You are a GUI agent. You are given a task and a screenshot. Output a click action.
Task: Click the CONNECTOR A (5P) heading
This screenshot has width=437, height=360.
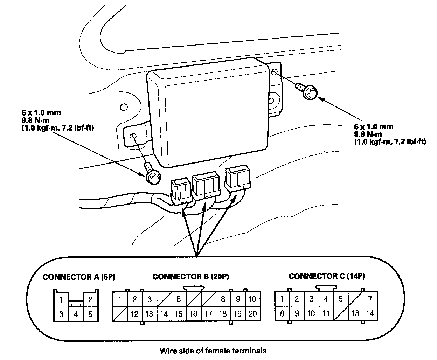tap(79, 277)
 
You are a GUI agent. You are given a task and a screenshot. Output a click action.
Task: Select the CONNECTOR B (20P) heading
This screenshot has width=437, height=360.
tap(191, 277)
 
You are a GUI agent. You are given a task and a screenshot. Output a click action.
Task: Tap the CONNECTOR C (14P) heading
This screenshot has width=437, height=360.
tap(327, 276)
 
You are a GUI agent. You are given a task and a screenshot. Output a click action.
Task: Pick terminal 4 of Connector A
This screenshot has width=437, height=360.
tap(76, 314)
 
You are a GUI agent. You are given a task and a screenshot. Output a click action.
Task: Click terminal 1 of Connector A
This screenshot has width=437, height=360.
tap(61, 300)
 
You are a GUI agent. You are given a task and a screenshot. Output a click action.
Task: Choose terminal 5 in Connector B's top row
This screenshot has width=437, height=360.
tap(179, 299)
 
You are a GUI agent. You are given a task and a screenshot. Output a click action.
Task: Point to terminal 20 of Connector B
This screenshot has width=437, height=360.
tap(252, 314)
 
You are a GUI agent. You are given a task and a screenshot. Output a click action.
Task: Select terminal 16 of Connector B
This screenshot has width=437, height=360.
tap(194, 314)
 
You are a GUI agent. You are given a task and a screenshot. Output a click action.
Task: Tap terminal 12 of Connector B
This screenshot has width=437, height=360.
tap(134, 314)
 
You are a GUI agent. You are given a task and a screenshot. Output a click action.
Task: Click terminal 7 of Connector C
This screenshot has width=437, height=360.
tap(370, 299)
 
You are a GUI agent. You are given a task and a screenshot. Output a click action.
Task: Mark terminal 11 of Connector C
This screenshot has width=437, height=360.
tap(326, 313)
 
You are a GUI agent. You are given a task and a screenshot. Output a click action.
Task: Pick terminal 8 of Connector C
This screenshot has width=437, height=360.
tap(282, 313)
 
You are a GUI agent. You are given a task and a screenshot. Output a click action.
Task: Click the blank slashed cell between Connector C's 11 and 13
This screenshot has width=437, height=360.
tap(341, 313)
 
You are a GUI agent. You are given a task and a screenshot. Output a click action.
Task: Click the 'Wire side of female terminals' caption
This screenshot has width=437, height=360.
tap(213, 350)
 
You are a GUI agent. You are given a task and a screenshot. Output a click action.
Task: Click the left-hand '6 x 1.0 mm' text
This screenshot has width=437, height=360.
tap(41, 113)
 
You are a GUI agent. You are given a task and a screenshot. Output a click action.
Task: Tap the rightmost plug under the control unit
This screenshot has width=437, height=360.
tap(238, 178)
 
